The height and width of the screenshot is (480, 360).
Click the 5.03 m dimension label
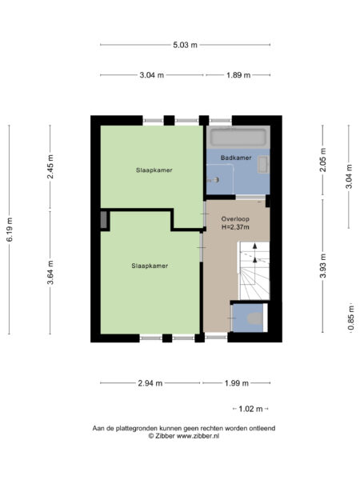click(183, 45)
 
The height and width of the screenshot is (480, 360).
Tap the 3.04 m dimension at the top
click(151, 75)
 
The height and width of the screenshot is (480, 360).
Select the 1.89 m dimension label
click(238, 75)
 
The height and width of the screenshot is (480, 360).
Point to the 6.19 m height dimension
click(10, 230)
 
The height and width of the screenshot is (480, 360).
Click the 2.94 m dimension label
click(150, 383)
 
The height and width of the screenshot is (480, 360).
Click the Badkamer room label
click(236, 158)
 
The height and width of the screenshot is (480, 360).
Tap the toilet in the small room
click(255, 318)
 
